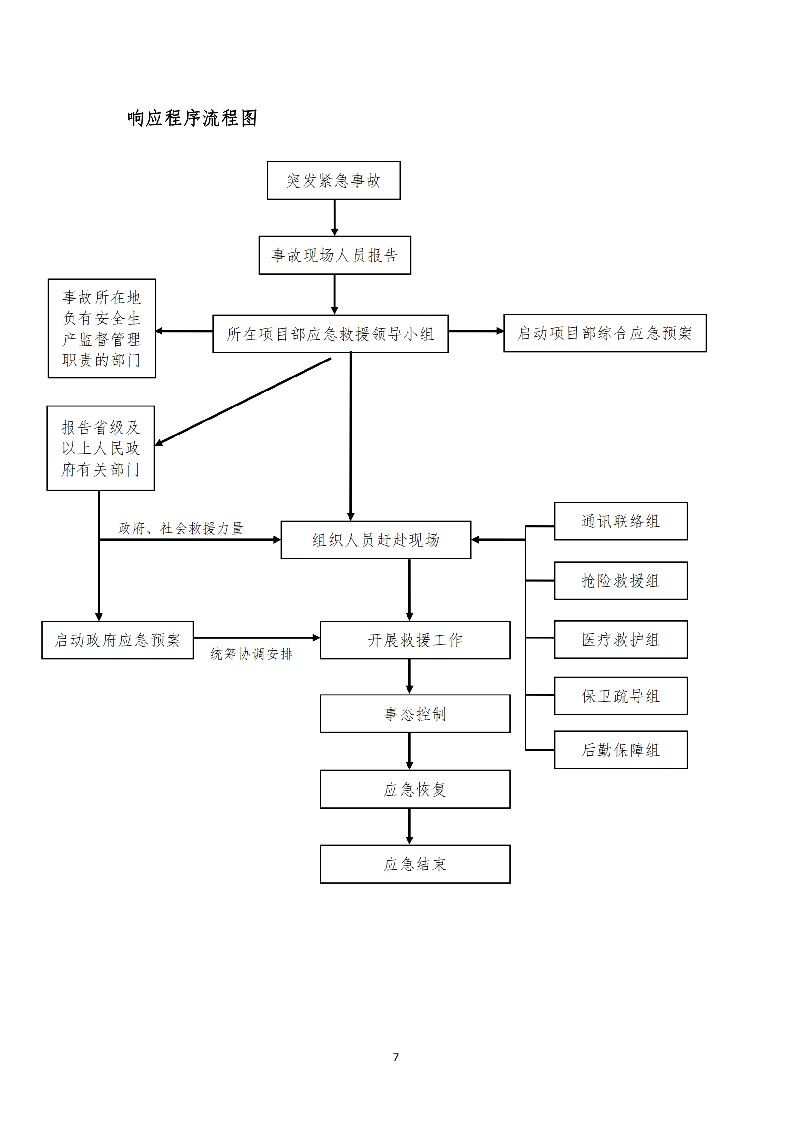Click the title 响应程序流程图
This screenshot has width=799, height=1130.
point(192,118)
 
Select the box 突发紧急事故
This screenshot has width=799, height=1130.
point(334,180)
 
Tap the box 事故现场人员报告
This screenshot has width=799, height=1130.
point(334,255)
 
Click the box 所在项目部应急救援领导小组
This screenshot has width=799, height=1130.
point(330,333)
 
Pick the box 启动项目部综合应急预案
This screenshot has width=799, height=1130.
point(605,333)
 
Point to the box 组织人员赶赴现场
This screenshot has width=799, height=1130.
point(376,539)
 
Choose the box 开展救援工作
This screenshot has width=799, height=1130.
point(415,640)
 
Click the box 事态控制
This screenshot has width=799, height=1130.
point(415,714)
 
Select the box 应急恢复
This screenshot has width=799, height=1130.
point(415,789)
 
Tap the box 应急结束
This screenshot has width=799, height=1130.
point(415,864)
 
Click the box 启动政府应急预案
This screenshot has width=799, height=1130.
point(117,640)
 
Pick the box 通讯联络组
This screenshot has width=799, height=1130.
point(620,521)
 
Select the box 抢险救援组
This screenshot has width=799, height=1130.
point(620,581)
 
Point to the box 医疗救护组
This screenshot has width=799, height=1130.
point(620,639)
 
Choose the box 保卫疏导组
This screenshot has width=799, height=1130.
point(620,696)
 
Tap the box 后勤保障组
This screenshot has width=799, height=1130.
point(620,750)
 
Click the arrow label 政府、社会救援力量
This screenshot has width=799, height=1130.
point(181,528)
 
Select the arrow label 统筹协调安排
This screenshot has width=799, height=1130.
point(251,653)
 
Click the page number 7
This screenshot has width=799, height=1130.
point(396,1057)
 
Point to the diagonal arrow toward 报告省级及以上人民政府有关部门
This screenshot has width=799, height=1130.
point(244,401)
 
